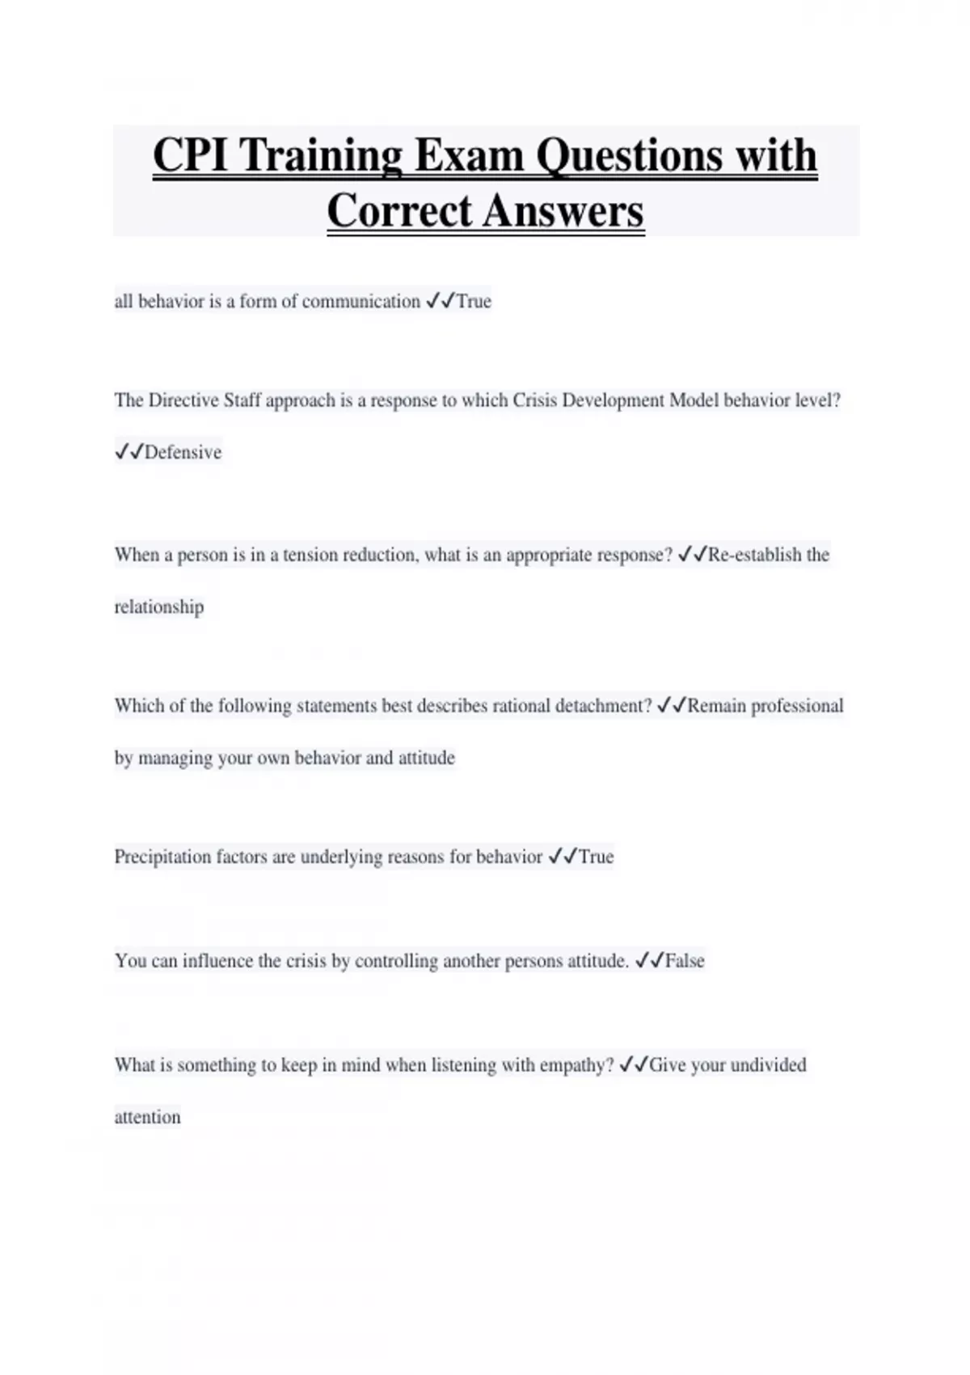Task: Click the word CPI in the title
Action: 191,154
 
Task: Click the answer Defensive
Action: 183,452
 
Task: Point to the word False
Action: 685,961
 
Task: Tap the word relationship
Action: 159,607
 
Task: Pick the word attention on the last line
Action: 147,1117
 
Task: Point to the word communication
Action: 361,302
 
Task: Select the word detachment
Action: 603,706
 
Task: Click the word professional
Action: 797,706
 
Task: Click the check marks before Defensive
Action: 129,452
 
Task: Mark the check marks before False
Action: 649,961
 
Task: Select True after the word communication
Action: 474,302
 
